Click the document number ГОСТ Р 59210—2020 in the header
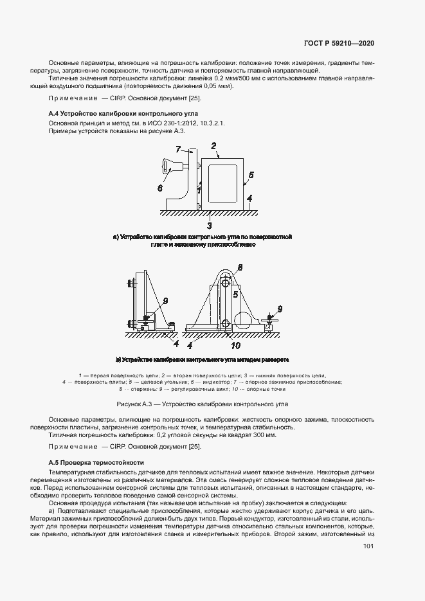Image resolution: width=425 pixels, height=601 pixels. click(339, 43)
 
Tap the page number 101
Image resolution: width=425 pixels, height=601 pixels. click(368, 546)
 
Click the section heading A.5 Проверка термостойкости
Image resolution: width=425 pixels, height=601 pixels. click(97, 462)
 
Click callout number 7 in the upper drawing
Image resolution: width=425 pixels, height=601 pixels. click(177, 148)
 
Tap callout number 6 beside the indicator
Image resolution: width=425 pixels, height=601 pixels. click(159, 188)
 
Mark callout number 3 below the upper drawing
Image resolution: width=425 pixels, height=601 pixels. click(209, 226)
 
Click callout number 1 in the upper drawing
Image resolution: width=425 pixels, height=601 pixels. click(199, 190)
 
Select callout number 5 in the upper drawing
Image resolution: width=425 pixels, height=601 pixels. click(251, 174)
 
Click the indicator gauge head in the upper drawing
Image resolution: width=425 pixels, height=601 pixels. click(169, 167)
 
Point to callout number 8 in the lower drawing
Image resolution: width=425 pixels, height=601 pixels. click(239, 267)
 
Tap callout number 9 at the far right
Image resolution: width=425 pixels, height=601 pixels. click(280, 309)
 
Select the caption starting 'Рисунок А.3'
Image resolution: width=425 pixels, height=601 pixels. click(202, 404)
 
